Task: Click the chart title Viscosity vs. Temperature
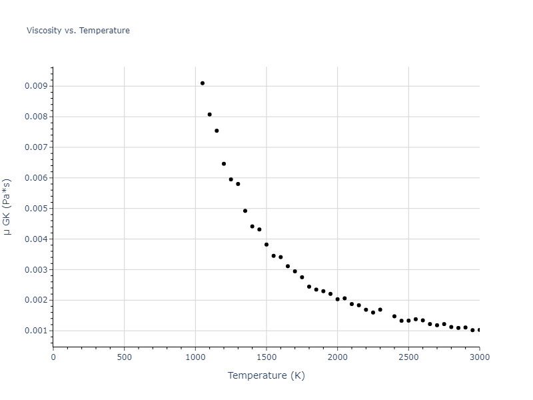(x=78, y=31)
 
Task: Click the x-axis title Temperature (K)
(x=266, y=375)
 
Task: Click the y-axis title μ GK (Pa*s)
(x=7, y=207)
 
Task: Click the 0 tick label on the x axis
(x=53, y=357)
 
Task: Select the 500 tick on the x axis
(x=124, y=357)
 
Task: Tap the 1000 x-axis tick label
(x=195, y=357)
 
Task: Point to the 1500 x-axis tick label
(x=266, y=357)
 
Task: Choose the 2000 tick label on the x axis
(x=337, y=357)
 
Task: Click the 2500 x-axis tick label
(x=408, y=357)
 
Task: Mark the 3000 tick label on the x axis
(x=479, y=357)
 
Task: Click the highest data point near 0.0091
(x=203, y=83)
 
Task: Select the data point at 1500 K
(x=266, y=245)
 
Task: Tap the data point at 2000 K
(x=338, y=299)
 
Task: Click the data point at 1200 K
(x=224, y=164)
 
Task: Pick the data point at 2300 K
(x=380, y=309)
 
